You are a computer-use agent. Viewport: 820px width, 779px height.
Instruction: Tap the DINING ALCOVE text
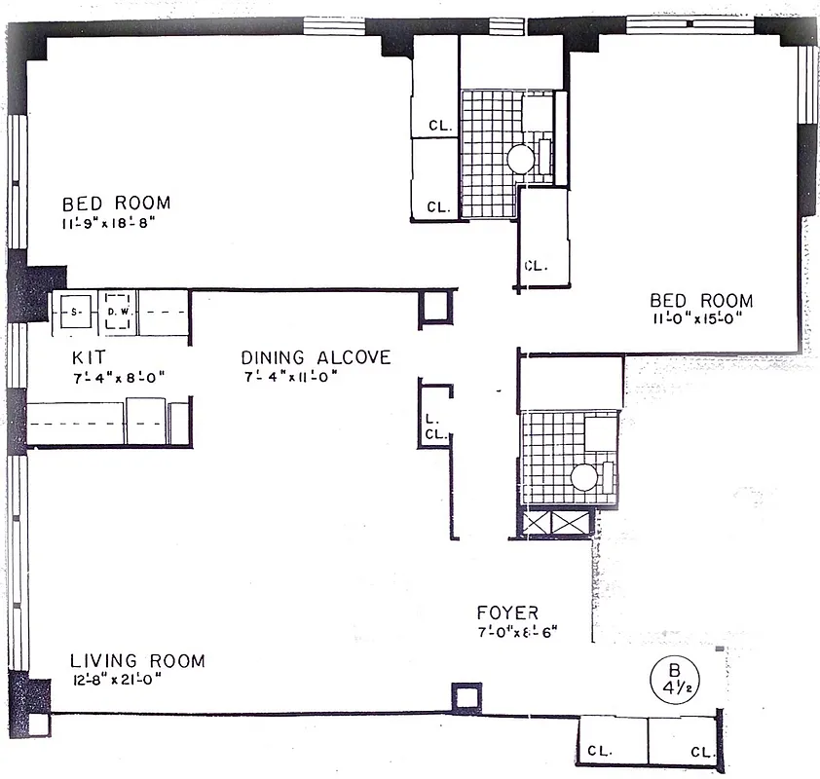tap(316, 357)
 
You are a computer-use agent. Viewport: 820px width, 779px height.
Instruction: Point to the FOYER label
tap(507, 612)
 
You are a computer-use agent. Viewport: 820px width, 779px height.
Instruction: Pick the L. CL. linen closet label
tap(434, 427)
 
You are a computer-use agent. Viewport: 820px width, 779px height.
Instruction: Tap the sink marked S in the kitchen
tap(74, 313)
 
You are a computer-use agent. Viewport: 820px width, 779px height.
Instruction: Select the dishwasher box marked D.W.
tap(118, 313)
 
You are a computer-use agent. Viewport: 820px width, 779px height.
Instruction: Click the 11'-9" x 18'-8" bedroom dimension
tap(108, 224)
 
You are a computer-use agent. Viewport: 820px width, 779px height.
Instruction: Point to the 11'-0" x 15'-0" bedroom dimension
tap(702, 320)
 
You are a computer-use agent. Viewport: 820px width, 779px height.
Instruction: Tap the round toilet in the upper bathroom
tap(520, 158)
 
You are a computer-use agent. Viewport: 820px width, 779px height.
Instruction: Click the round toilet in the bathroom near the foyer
tap(584, 477)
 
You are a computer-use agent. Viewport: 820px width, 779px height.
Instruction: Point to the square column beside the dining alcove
tap(435, 309)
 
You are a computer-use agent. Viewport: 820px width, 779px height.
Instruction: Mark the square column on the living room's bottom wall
tap(466, 697)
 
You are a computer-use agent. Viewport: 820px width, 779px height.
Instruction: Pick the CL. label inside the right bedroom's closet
tap(537, 265)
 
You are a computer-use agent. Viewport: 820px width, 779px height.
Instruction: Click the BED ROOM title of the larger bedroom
tap(116, 204)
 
